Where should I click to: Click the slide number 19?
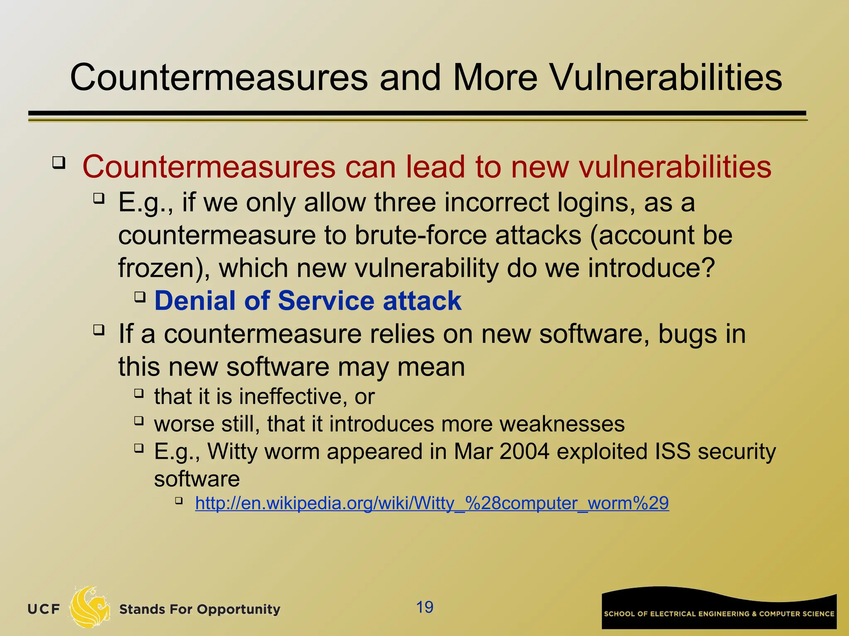click(x=424, y=607)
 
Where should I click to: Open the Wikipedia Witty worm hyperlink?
click(x=432, y=503)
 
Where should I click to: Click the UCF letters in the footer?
click(x=44, y=609)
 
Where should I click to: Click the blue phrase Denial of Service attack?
click(x=307, y=301)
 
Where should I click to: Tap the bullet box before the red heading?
click(x=59, y=163)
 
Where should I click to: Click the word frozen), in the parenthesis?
click(x=164, y=268)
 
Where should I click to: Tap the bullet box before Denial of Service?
click(x=140, y=296)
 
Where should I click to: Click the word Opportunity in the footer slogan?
click(x=238, y=609)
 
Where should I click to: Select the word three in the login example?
click(x=405, y=203)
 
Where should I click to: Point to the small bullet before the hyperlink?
click(x=179, y=501)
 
